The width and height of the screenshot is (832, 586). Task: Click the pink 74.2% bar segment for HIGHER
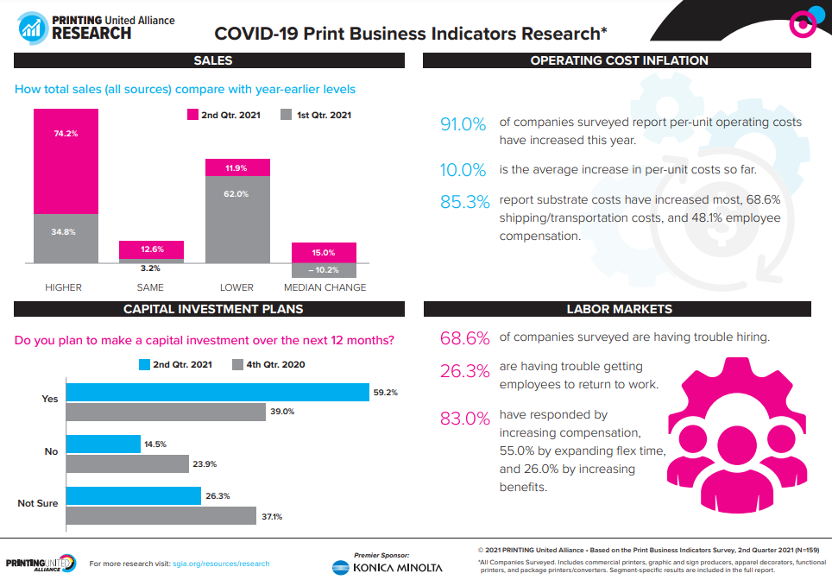point(66,161)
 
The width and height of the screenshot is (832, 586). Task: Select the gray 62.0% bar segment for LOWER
point(237,219)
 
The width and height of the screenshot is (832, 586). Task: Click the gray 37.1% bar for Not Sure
point(161,516)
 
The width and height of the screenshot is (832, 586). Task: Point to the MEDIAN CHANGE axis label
point(325,287)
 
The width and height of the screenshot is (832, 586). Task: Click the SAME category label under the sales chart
point(150,287)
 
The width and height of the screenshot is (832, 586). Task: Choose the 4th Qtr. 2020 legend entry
point(268,364)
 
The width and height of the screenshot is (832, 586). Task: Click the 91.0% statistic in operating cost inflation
point(463,124)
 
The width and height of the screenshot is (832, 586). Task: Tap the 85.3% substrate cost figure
point(463,202)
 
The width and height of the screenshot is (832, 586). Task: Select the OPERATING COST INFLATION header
point(618,60)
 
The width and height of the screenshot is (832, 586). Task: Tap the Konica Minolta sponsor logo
point(387,567)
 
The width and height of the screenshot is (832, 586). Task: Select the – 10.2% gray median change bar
point(324,270)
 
